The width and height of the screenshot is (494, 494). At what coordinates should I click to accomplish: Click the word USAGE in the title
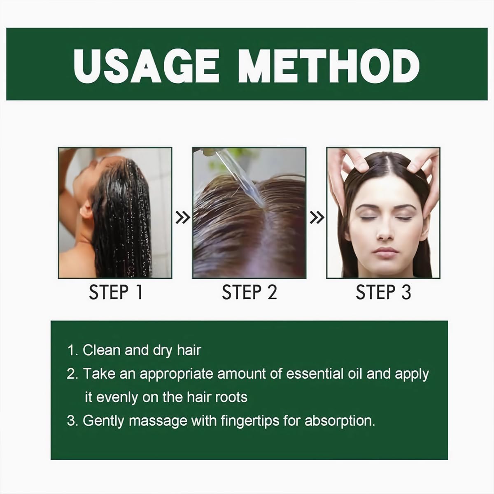146,65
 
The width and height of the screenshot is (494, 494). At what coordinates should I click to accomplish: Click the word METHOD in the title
329,65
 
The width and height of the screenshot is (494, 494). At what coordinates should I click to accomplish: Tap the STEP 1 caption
116,292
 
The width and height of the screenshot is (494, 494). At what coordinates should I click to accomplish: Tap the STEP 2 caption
249,292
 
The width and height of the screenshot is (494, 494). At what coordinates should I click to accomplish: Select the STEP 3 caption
383,292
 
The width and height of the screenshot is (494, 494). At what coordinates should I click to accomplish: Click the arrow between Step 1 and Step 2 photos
182,217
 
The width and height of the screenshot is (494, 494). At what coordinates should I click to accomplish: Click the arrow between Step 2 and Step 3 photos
317,217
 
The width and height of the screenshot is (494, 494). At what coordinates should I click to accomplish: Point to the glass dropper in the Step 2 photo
238,177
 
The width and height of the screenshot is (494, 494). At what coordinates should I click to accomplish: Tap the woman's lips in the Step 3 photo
386,252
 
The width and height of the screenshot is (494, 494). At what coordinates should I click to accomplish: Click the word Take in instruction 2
99,374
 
